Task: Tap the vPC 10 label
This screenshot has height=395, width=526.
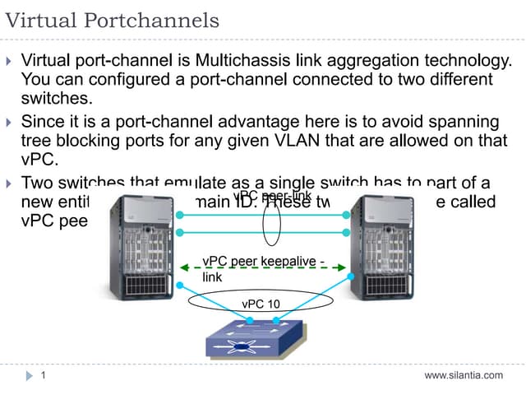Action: coord(261,304)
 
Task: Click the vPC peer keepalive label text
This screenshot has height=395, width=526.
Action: coord(263,262)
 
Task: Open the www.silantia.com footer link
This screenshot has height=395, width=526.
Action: coord(463,375)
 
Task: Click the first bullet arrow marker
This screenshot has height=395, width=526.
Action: coord(9,61)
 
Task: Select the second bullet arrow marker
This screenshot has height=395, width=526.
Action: coord(9,122)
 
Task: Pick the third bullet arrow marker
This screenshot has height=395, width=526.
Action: coord(9,182)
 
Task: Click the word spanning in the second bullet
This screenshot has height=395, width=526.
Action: coord(461,121)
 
